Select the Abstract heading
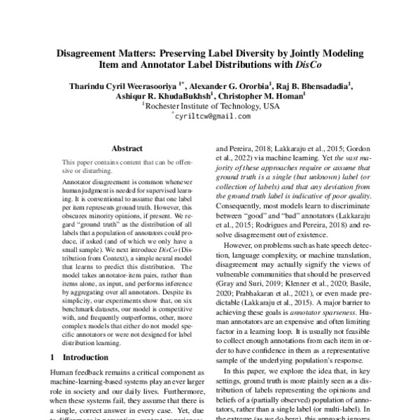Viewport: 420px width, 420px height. pos(127,149)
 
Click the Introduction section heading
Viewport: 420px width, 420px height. pos(80,357)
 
